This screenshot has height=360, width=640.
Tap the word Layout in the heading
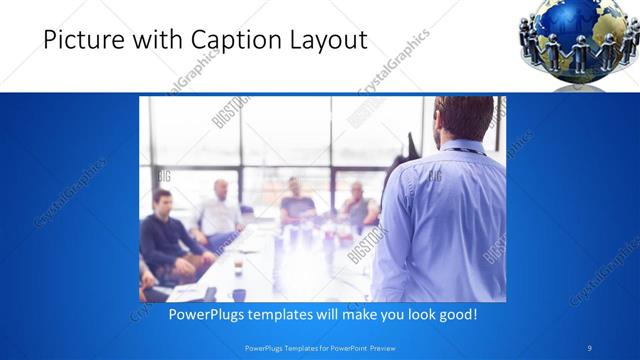coord(324,39)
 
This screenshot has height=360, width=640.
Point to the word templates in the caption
coord(292,314)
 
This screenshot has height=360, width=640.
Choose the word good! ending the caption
coord(456,314)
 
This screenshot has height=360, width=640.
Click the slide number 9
coord(590,347)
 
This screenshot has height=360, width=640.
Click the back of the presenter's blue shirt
coord(440,220)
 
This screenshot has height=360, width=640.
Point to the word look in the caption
coord(415,314)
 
